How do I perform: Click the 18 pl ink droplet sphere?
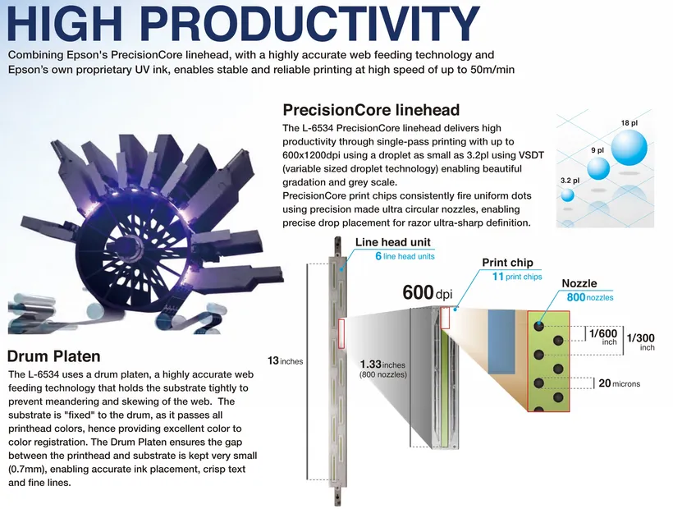click(x=629, y=148)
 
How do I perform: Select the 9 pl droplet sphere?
click(x=597, y=168)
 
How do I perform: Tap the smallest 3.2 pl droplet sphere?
click(x=567, y=195)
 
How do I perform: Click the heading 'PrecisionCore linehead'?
click(x=371, y=110)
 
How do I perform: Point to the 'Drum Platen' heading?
click(x=53, y=356)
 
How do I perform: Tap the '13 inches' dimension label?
click(x=285, y=361)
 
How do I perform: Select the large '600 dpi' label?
click(x=427, y=293)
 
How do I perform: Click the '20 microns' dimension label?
click(x=619, y=383)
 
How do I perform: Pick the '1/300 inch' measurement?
click(x=641, y=342)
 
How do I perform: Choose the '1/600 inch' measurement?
click(x=603, y=337)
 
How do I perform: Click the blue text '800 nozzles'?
click(x=590, y=297)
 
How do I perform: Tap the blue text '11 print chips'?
click(x=517, y=277)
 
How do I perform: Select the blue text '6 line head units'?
click(x=405, y=256)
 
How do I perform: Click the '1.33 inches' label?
click(x=382, y=365)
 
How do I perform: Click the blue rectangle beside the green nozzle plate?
click(x=501, y=342)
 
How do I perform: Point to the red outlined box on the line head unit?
click(x=341, y=333)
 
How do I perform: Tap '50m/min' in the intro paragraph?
click(x=492, y=70)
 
